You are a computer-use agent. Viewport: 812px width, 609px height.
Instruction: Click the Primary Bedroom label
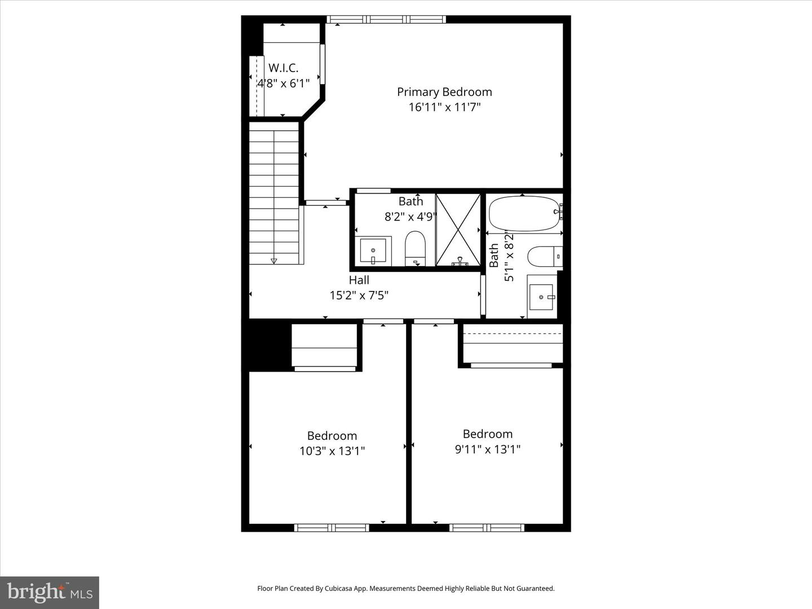pyautogui.click(x=444, y=92)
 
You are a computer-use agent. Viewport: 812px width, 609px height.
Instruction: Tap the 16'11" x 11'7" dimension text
pyautogui.click(x=444, y=107)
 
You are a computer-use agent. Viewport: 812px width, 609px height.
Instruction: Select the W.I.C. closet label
pyautogui.click(x=283, y=68)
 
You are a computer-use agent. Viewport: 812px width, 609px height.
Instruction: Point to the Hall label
pyautogui.click(x=359, y=280)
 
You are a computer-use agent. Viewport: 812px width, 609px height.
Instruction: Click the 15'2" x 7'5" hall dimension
pyautogui.click(x=359, y=295)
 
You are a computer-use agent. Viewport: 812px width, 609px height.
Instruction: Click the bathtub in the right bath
pyautogui.click(x=523, y=213)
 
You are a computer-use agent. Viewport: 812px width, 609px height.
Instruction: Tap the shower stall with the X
pyautogui.click(x=458, y=230)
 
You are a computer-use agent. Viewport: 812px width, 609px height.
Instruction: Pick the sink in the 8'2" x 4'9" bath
pyautogui.click(x=373, y=251)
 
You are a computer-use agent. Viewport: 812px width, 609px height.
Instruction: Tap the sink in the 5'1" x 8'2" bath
pyautogui.click(x=542, y=297)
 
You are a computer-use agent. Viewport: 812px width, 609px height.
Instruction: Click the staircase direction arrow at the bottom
pyautogui.click(x=274, y=261)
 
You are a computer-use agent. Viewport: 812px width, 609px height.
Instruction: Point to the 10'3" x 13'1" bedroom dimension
pyautogui.click(x=332, y=451)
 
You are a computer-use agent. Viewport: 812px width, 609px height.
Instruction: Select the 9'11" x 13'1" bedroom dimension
pyautogui.click(x=487, y=449)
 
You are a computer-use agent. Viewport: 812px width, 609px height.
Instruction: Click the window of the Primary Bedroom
pyautogui.click(x=386, y=20)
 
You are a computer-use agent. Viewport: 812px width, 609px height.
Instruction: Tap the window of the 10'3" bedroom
pyautogui.click(x=332, y=528)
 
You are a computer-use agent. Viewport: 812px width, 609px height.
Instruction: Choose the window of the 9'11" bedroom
pyautogui.click(x=487, y=528)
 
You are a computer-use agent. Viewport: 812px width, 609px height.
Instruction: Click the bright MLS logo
pyautogui.click(x=50, y=592)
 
